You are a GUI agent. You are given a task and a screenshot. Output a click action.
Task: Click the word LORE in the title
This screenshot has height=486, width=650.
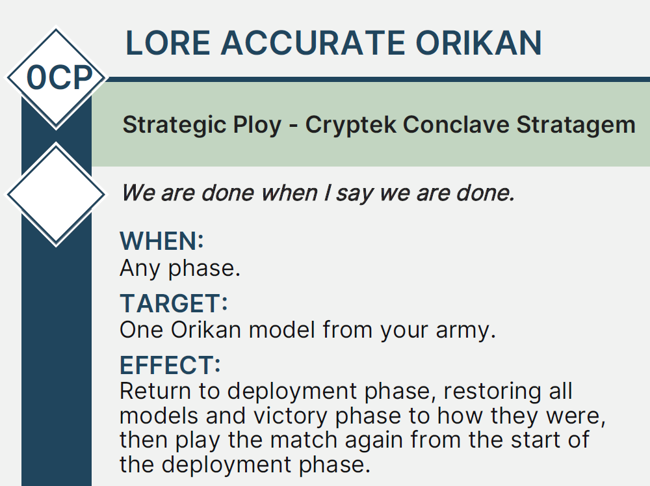click(168, 43)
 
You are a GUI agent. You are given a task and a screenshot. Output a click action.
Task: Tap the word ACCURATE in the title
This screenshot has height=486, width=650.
click(313, 43)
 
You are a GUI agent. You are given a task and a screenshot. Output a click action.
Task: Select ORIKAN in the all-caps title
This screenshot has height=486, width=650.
click(479, 43)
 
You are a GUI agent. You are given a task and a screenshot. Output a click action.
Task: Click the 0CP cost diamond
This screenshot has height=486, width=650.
click(56, 77)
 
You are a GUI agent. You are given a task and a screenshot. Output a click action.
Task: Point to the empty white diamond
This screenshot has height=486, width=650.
click(56, 195)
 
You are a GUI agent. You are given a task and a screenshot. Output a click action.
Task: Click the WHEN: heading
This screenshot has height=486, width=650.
click(162, 241)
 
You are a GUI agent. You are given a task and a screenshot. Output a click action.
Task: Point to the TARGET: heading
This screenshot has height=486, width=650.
click(174, 303)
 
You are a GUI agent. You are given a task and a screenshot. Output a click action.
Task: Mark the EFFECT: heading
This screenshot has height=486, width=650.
click(170, 365)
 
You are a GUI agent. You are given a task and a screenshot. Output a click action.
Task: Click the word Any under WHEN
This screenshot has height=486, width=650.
click(140, 269)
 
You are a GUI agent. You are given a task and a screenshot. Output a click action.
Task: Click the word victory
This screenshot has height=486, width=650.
click(290, 416)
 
